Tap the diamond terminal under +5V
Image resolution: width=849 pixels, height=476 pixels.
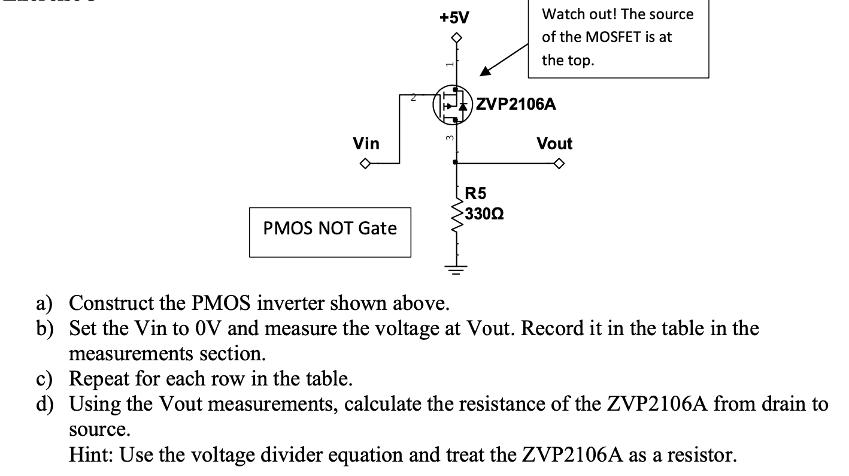point(457,38)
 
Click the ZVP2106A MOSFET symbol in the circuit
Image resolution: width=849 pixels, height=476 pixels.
point(453,104)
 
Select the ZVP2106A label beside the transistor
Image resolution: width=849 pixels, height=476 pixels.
point(516,104)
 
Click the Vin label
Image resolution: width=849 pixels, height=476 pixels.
point(366,144)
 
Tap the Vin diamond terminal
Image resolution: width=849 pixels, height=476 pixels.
point(363,163)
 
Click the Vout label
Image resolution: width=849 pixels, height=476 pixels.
point(554,144)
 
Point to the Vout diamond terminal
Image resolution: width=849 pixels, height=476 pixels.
point(559,163)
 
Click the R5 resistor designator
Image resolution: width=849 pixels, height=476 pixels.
point(476,193)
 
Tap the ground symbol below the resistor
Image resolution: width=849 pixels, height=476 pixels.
point(457,269)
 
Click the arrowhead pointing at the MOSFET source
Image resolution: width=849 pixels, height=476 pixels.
point(484,71)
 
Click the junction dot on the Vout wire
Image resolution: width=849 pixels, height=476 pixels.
point(457,162)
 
